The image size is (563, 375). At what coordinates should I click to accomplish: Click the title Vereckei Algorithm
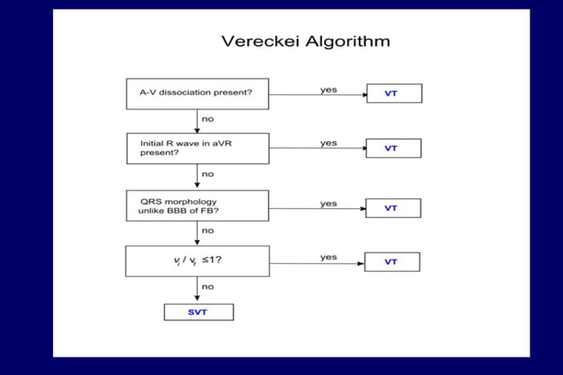pyautogui.click(x=305, y=41)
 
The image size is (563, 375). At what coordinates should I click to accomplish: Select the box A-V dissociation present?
pyautogui.click(x=197, y=94)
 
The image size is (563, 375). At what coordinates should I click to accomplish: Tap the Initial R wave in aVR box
pyautogui.click(x=197, y=148)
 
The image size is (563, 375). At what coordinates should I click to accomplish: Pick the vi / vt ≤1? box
pyautogui.click(x=197, y=261)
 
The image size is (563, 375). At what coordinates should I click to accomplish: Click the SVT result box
pyautogui.click(x=199, y=312)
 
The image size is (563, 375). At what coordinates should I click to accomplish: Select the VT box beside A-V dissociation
pyautogui.click(x=394, y=93)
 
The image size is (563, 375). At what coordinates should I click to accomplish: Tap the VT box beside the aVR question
pyautogui.click(x=394, y=148)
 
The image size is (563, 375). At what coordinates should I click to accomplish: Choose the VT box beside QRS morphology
pyautogui.click(x=394, y=208)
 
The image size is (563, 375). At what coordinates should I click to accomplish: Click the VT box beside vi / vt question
pyautogui.click(x=392, y=262)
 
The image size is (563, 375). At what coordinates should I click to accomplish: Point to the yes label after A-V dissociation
pyautogui.click(x=328, y=89)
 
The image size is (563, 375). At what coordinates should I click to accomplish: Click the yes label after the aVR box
pyautogui.click(x=328, y=143)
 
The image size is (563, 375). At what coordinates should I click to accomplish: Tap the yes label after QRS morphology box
pyautogui.click(x=328, y=204)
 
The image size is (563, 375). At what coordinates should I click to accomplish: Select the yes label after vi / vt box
pyautogui.click(x=328, y=258)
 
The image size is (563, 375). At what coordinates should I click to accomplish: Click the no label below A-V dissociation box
pyautogui.click(x=207, y=118)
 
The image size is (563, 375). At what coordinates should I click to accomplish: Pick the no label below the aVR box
pyautogui.click(x=207, y=174)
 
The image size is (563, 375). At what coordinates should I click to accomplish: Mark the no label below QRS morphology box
pyautogui.click(x=207, y=230)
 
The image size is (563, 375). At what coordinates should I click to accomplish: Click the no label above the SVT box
pyautogui.click(x=207, y=286)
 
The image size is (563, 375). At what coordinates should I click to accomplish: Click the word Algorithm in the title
pyautogui.click(x=344, y=41)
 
